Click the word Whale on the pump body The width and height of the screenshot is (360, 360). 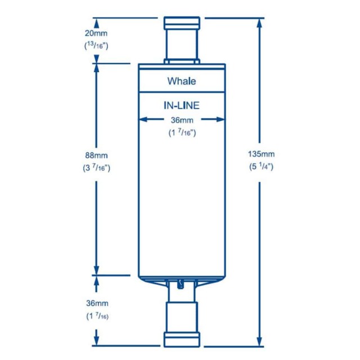pyautogui.click(x=181, y=81)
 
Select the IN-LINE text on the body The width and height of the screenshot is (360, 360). pyautogui.click(x=181, y=105)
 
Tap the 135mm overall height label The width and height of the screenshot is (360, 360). pyautogui.click(x=261, y=154)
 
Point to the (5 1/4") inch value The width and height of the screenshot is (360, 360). pyautogui.click(x=261, y=166)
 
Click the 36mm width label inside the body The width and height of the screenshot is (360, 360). pyautogui.click(x=181, y=119)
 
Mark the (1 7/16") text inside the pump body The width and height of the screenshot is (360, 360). pyautogui.click(x=181, y=133)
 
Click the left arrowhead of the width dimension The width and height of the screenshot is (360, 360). pyautogui.click(x=143, y=119)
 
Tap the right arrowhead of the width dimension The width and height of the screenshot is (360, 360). pyautogui.click(x=220, y=119)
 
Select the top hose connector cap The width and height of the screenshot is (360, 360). pyautogui.click(x=181, y=24)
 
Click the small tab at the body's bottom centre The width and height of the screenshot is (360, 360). pyautogui.click(x=181, y=284)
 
